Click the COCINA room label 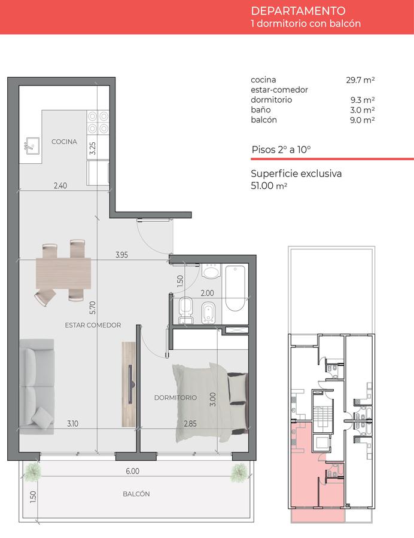click(x=64, y=141)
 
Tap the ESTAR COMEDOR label click(x=93, y=325)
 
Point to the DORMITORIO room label click(x=175, y=398)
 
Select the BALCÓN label click(x=136, y=493)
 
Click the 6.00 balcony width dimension click(x=132, y=471)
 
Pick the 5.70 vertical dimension click(x=92, y=307)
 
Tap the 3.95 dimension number click(x=121, y=255)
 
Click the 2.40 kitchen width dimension click(x=60, y=185)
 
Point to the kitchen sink click(x=31, y=146)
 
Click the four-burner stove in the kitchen click(x=98, y=123)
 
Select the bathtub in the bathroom click(x=236, y=288)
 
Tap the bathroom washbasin click(x=211, y=272)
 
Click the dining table click(x=63, y=273)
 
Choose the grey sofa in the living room click(x=36, y=387)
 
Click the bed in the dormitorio click(x=210, y=402)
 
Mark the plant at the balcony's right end click(x=239, y=473)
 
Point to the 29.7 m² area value click(x=360, y=80)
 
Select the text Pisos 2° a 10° click(x=281, y=149)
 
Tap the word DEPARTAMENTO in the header click(x=298, y=11)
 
